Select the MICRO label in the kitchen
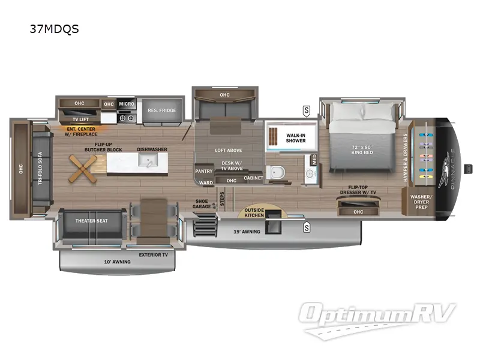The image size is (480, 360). pos(126,104)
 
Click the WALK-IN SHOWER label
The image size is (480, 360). pos(295,137)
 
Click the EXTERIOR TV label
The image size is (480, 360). pos(153,254)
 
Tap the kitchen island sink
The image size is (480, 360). pos(147,160)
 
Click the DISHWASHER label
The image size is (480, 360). pos(152,149)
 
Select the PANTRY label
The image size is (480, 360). pos(204,171)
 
